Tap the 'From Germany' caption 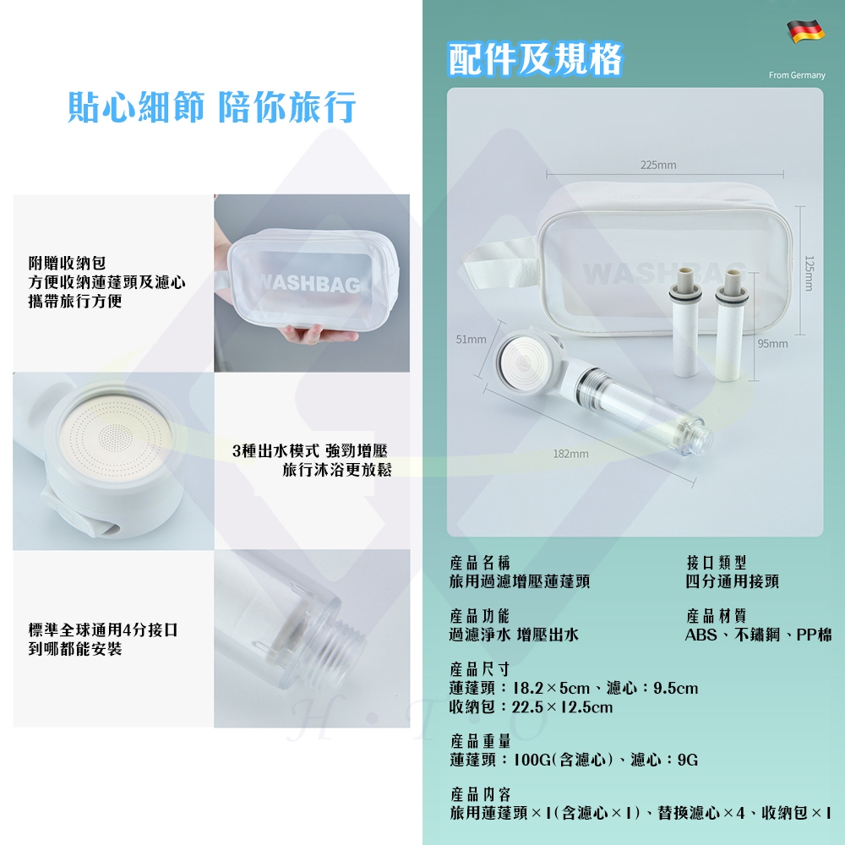(796, 75)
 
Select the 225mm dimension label (657, 164)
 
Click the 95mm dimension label (772, 343)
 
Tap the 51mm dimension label (471, 339)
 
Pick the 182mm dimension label (570, 454)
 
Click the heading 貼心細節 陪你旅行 (211, 108)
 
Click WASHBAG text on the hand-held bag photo (308, 284)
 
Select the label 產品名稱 (479, 563)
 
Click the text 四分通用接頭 (732, 581)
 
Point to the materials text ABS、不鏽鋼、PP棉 (758, 635)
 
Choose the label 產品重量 (481, 741)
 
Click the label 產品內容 (481, 794)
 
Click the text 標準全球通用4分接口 (103, 630)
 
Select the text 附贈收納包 (67, 264)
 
